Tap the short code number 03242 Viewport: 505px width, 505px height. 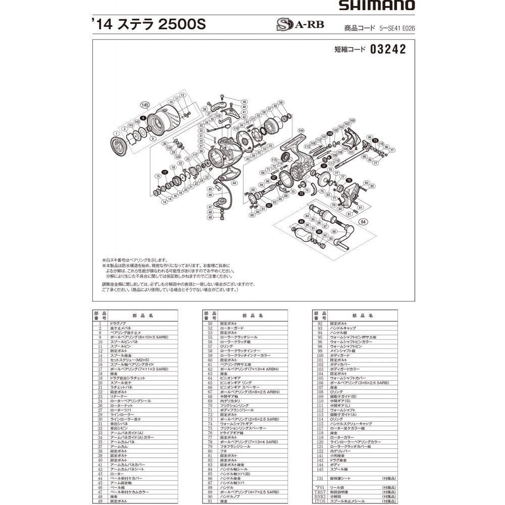tap(388, 50)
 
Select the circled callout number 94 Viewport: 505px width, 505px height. tap(363, 222)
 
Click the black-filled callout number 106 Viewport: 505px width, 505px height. tap(330, 133)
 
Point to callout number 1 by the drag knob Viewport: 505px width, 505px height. tap(116, 133)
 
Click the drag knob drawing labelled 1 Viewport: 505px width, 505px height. tap(120, 146)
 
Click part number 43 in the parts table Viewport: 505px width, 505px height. tap(100, 474)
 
